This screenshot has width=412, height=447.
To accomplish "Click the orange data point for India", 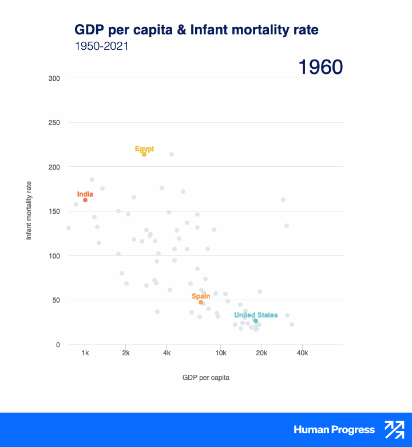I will tap(85, 200).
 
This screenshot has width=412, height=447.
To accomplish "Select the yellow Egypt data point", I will tap(144, 155).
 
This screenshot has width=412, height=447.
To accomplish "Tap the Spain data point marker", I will tap(201, 302).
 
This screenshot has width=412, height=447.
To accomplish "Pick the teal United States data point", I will tap(256, 321).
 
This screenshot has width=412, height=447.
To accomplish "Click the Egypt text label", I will tap(144, 149).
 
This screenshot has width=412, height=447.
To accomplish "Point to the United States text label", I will tap(256, 315).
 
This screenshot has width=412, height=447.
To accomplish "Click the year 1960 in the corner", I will tap(320, 68).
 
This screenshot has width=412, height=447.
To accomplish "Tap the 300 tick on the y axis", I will tap(54, 78).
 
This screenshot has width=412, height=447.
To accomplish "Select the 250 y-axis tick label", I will tap(54, 123).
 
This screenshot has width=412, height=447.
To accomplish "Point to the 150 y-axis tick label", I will tap(54, 211).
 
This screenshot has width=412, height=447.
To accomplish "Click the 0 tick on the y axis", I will tap(58, 344).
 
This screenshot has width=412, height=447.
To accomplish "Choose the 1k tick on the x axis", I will tap(85, 353).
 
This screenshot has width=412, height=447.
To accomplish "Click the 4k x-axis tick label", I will tap(167, 353).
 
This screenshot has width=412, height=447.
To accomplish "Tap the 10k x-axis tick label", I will tap(221, 353).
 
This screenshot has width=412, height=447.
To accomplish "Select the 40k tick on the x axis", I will tap(303, 353).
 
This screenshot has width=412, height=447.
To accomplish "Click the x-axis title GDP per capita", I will tap(206, 377).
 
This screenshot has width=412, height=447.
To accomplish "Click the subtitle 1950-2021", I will tap(101, 46).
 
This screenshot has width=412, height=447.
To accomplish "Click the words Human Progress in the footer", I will tap(334, 430).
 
